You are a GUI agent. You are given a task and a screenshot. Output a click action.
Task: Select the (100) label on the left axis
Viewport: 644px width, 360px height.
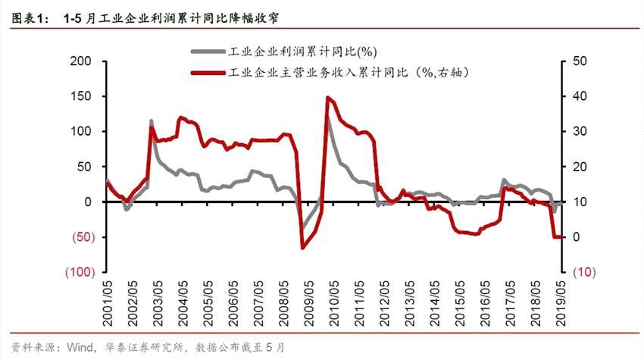coord(80,272)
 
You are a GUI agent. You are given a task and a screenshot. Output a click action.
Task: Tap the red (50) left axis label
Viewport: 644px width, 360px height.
coord(83,237)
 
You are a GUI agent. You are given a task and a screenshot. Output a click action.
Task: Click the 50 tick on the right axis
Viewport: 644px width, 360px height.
coord(580,61)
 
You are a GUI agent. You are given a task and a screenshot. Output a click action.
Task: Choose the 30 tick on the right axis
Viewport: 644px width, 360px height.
coord(580,131)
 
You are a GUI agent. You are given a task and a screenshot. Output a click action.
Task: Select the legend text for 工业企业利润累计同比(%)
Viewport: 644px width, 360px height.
coord(302,52)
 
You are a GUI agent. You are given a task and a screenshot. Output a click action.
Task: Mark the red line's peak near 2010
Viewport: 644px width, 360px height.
coord(327,97)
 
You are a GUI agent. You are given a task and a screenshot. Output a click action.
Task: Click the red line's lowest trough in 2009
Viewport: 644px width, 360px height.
coord(302,248)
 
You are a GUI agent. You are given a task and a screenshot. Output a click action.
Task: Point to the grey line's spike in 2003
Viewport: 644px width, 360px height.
coord(151,121)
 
